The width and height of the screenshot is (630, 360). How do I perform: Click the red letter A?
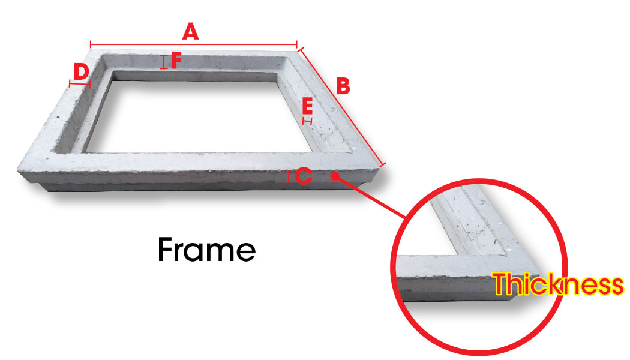190,31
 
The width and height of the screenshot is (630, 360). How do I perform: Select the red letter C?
304,176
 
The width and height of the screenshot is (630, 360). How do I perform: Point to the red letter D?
81,73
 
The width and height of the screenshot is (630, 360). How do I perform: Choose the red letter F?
177,61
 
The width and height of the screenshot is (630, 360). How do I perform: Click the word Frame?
207,250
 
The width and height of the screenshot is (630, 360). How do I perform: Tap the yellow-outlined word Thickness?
559,284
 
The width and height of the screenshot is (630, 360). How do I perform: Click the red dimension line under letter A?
194,44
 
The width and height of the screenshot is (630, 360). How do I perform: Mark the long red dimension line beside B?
341,106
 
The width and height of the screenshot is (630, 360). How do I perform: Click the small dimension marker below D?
80,84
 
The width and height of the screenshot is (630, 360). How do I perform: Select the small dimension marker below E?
307,121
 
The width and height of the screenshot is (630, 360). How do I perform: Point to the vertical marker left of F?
164,62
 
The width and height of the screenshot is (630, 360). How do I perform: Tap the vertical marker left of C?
289,177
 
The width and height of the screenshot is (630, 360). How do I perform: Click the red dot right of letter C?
335,176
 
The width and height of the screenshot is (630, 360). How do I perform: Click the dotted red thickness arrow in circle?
481,284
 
